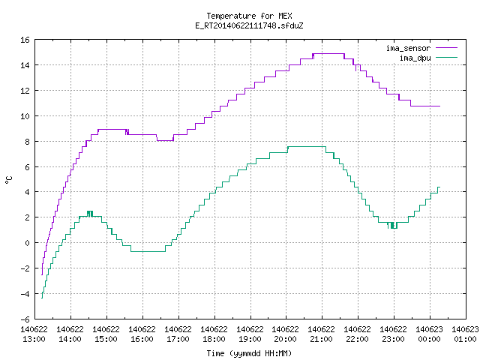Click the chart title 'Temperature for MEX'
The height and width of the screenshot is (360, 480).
[x=249, y=16]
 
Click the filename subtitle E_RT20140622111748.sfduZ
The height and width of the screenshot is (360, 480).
[x=249, y=25]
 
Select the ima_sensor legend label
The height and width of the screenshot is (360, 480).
[x=408, y=48]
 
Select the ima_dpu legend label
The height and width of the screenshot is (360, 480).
[x=415, y=58]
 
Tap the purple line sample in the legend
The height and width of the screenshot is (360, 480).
[x=446, y=48]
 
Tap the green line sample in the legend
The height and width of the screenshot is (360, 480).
[x=446, y=57]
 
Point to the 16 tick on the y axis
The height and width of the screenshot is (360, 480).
[x=25, y=40]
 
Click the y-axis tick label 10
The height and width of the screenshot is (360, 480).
[x=25, y=116]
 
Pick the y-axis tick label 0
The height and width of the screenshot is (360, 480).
[x=28, y=243]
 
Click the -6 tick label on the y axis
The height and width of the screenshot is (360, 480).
[x=25, y=319]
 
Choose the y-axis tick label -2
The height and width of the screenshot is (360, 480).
[x=25, y=268]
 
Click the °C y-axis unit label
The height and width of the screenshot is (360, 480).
[x=8, y=180]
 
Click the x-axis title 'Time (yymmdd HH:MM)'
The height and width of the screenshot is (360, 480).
[x=249, y=353]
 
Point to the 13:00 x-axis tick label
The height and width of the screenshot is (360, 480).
[x=34, y=339]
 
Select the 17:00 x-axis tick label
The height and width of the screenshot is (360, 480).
[x=178, y=339]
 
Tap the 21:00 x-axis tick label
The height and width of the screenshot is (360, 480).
[x=322, y=339]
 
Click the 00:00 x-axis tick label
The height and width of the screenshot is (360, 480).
[x=429, y=339]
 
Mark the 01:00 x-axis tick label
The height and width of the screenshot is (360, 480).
[x=465, y=339]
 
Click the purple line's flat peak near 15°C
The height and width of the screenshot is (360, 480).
[x=329, y=54]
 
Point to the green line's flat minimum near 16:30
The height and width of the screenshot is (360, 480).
[x=148, y=252]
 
